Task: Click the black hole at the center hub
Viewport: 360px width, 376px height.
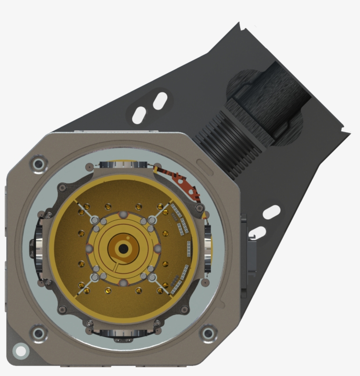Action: [x=123, y=249]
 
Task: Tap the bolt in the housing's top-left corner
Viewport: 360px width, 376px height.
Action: [x=39, y=164]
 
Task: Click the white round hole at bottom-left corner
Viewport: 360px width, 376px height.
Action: [x=20, y=350]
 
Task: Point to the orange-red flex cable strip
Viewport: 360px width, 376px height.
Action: [x=180, y=180]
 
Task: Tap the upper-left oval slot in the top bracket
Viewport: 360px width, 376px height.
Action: [x=138, y=115]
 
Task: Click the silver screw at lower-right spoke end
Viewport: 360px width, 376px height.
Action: [x=151, y=277]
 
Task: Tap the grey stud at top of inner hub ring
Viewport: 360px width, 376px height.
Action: [x=123, y=214]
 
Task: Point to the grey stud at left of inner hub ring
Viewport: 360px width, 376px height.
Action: [x=89, y=249]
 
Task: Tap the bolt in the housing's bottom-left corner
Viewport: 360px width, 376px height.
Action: [x=39, y=333]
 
